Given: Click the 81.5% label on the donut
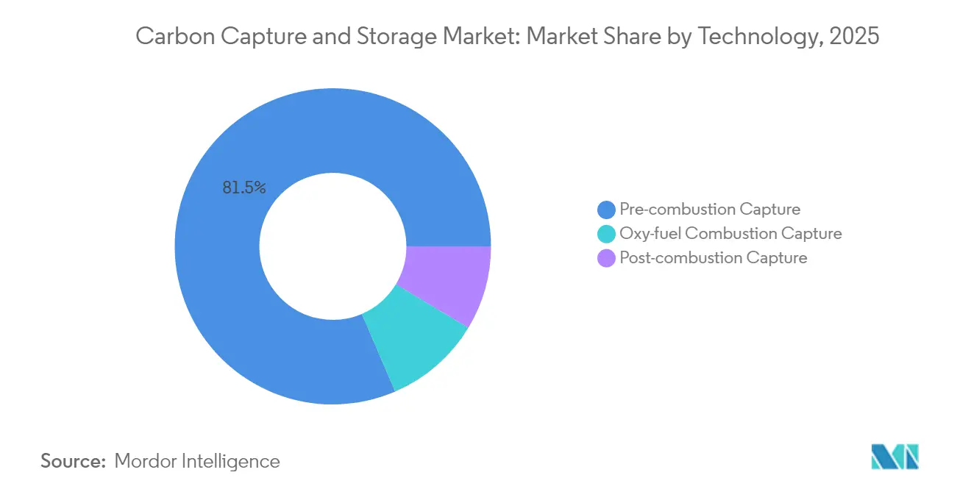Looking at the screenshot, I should [244, 188].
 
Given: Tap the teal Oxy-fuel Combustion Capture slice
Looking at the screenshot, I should [416, 342].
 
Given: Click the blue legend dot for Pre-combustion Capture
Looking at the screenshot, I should [607, 210].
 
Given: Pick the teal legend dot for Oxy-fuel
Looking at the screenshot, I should [607, 234].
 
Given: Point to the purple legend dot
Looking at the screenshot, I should [607, 258].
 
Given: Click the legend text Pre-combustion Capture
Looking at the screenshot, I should [710, 210].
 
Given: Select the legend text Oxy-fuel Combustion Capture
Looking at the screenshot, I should [730, 234].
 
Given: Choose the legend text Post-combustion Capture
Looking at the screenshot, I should [714, 258].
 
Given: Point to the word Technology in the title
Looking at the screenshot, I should [759, 36].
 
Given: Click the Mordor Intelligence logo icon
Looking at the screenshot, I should [894, 457].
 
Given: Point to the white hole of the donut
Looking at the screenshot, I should [332, 246].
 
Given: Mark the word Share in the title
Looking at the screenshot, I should [627, 36].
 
